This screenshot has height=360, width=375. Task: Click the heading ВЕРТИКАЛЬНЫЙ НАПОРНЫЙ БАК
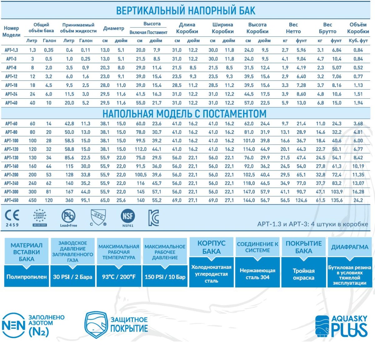tap(186, 11)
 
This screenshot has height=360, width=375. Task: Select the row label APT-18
tap(11, 85)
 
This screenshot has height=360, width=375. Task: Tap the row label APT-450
tap(11, 200)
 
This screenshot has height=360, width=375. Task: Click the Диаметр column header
tap(113, 28)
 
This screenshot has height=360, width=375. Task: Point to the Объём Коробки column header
tap(358, 28)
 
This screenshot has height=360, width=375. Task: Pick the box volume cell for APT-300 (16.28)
tap(358, 192)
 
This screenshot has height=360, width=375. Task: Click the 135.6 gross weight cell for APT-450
tap(337, 200)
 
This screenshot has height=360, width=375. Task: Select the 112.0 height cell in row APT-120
tap(141, 149)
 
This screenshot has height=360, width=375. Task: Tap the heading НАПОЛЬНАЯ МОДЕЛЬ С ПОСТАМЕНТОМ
tap(184, 114)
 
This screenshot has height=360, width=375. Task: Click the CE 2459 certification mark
tap(12, 218)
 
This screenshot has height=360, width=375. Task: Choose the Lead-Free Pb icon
tap(68, 217)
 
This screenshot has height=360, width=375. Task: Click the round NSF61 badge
tap(127, 217)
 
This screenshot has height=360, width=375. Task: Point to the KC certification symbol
tap(154, 218)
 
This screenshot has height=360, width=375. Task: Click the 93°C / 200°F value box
tap(119, 277)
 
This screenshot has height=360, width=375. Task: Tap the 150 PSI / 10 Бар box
tap(165, 277)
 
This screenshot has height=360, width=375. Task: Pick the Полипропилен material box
tap(27, 277)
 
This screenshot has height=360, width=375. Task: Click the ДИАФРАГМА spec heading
tap(350, 247)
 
